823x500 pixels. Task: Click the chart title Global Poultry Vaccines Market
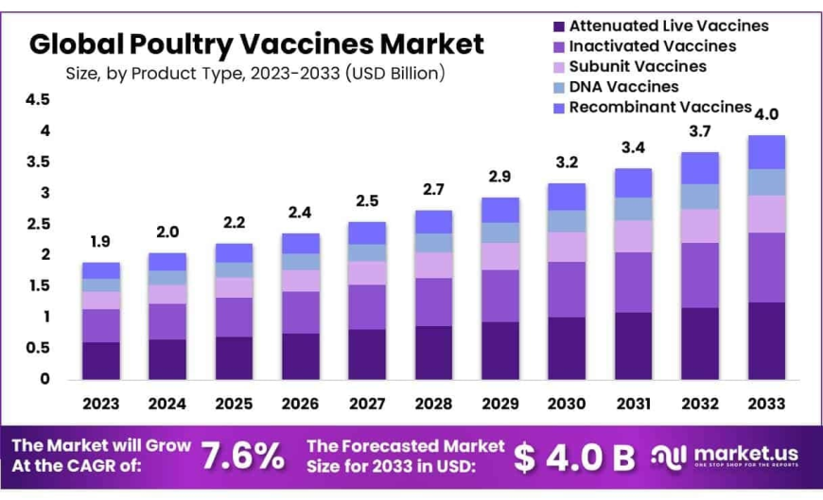pos(256,43)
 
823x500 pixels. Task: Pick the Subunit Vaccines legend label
pos(638,66)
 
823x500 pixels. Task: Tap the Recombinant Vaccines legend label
pos(660,107)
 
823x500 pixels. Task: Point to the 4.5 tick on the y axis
pos(38,100)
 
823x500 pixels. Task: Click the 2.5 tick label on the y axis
pos(38,224)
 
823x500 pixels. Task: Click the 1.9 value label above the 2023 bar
pos(101,242)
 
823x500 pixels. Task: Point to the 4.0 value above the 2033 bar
pos(766,114)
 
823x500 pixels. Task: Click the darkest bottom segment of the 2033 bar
pos(766,340)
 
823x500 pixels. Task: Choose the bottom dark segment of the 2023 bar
pos(101,360)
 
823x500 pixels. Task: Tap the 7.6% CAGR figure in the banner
pos(243,456)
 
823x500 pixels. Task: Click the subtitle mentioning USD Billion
pos(255,73)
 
